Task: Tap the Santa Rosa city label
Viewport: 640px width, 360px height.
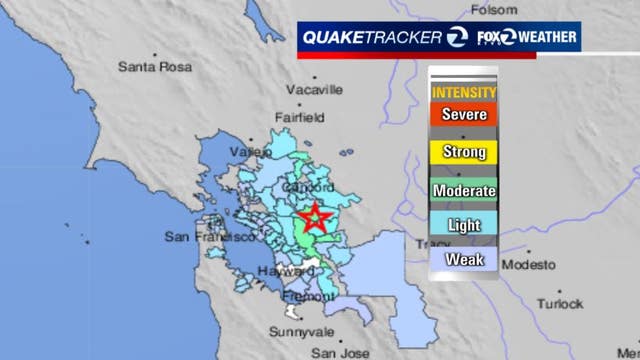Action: (152, 68)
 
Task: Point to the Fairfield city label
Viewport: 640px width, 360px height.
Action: (299, 117)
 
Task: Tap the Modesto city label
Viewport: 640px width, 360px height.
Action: (527, 265)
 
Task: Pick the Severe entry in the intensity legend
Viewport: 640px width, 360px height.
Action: (464, 114)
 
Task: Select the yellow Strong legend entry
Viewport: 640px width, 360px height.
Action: (464, 152)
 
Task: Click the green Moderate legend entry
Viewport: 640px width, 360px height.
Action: (464, 189)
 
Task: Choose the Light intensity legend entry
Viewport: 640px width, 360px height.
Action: (464, 225)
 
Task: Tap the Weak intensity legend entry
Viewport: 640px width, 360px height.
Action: (464, 261)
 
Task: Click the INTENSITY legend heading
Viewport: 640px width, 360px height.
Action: (464, 92)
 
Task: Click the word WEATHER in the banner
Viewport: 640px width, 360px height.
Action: (546, 37)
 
